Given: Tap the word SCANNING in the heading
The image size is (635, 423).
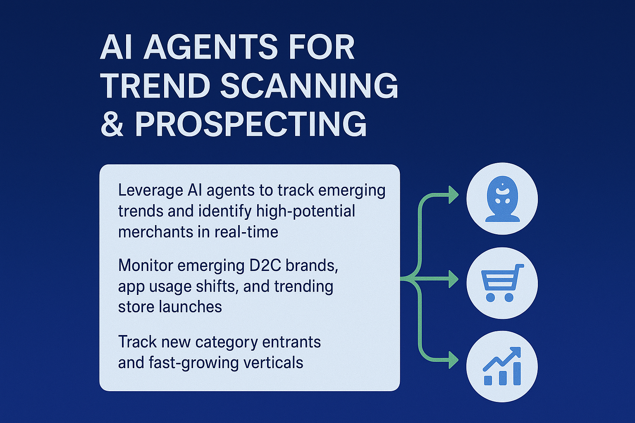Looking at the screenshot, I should [x=309, y=86].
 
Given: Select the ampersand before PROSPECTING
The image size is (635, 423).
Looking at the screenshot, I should [x=112, y=124].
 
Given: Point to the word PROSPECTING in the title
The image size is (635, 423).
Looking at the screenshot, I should [x=251, y=124].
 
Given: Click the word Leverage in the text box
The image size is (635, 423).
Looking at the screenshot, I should [x=150, y=191].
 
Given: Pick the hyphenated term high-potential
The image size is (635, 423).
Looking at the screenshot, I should [x=306, y=211].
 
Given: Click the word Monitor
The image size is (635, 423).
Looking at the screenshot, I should [x=146, y=266].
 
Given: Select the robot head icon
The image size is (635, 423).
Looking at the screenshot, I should [x=502, y=199].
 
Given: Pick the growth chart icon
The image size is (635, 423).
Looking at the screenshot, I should [x=502, y=366].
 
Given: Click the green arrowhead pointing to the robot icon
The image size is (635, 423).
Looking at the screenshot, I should [x=454, y=195].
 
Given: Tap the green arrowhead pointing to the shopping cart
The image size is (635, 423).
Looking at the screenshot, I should [x=454, y=280].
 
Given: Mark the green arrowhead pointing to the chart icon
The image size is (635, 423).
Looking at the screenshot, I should [x=454, y=360].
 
